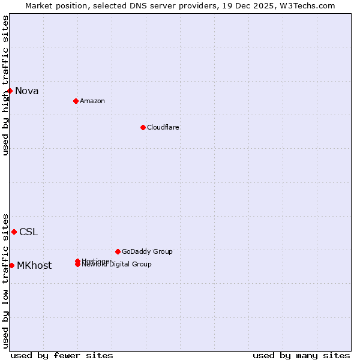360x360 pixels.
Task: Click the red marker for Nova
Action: (x=10, y=91)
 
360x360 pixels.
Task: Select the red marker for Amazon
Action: (x=76, y=101)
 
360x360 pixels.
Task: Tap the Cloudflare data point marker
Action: (x=143, y=127)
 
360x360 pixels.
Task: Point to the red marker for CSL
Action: (x=14, y=232)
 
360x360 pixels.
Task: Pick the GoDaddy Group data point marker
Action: (x=118, y=251)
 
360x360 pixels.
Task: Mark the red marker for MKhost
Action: (x=11, y=265)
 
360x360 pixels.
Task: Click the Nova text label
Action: (x=26, y=91)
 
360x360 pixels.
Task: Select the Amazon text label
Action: (x=92, y=101)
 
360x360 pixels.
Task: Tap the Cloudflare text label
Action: (x=163, y=127)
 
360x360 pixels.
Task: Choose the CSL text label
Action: (x=28, y=232)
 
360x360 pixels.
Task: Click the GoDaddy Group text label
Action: (x=147, y=251)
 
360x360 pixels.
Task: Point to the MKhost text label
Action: (x=34, y=266)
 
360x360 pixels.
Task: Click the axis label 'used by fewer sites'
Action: (x=62, y=355)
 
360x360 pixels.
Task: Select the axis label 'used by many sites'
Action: (x=301, y=355)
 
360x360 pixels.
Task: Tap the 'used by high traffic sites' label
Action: (x=5, y=85)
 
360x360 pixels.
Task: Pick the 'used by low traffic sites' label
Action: (x=5, y=280)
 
